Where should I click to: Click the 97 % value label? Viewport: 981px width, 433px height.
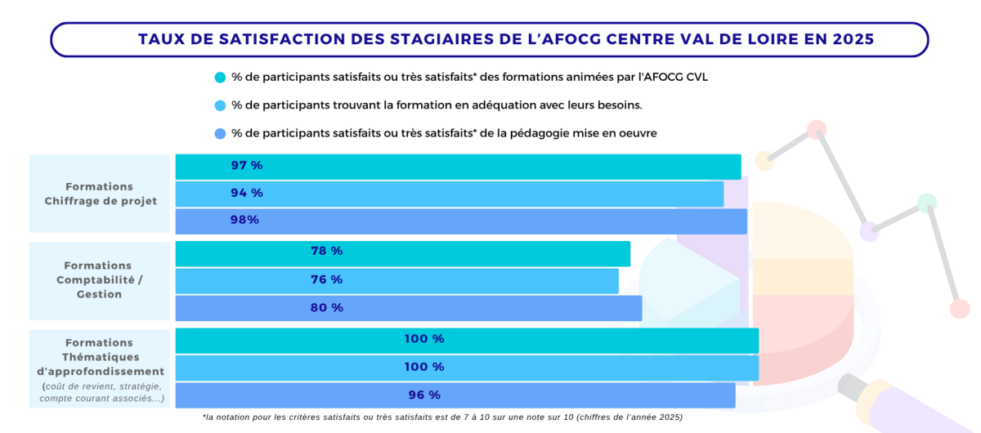[247, 166]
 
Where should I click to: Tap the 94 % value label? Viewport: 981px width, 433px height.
[247, 193]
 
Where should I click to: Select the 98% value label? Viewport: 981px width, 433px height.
[244, 220]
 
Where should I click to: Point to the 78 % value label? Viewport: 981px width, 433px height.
[327, 251]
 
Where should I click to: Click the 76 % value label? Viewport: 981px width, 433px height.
[327, 279]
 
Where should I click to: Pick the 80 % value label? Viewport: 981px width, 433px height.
[327, 308]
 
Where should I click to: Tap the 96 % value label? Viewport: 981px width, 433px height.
[424, 395]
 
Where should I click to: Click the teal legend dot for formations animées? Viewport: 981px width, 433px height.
[220, 78]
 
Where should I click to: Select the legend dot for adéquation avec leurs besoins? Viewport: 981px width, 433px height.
[220, 105]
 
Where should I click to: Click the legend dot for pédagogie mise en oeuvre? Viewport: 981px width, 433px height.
[220, 133]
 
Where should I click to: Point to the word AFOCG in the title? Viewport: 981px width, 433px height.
[570, 39]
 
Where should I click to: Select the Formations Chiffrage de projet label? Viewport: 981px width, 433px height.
[101, 194]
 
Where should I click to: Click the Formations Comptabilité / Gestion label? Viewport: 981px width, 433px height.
[100, 279]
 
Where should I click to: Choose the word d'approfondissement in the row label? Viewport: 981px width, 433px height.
[101, 371]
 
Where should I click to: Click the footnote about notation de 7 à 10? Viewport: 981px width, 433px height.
[442, 417]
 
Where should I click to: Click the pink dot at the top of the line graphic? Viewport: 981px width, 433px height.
[817, 130]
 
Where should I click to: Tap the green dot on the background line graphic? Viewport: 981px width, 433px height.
[927, 203]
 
